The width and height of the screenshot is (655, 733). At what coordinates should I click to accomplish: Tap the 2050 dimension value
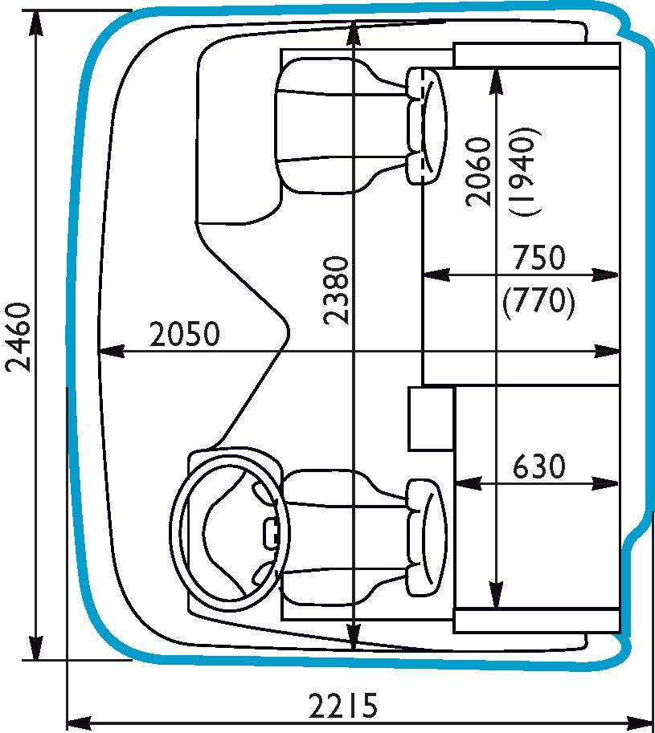(x=184, y=334)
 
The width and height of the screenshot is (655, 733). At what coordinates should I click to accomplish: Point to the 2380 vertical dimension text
(x=337, y=290)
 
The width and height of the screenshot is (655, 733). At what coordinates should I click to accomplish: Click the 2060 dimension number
(x=478, y=172)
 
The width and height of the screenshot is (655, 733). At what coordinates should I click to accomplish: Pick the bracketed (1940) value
(x=526, y=172)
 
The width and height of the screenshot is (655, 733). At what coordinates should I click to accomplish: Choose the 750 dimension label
(x=539, y=258)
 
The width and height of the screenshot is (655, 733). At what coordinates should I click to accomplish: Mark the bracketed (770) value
(x=539, y=303)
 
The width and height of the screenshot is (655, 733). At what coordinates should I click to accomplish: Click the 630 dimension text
(x=539, y=466)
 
